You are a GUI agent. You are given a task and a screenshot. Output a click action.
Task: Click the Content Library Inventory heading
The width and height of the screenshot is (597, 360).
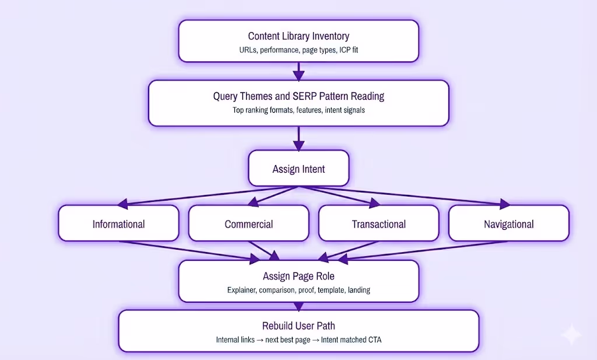[x=298, y=36]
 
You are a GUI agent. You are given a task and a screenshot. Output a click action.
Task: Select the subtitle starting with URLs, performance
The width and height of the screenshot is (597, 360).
[x=298, y=50]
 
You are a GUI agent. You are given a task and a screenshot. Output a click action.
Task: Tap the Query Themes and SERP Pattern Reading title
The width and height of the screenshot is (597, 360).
[x=298, y=96]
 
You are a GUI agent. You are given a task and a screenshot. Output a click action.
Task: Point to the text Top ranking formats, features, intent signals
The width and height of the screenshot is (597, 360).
[x=298, y=110]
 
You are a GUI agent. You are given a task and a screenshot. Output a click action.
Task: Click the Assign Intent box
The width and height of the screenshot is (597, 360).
[x=298, y=169]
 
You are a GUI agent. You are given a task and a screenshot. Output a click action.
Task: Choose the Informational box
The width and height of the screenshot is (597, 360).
[x=118, y=224]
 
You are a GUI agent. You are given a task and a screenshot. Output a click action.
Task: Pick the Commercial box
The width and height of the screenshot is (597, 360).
[x=248, y=224]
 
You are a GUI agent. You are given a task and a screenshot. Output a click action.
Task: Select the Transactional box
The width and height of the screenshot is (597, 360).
[x=378, y=224]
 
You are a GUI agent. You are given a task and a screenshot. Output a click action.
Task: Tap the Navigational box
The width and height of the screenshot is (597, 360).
[x=508, y=224]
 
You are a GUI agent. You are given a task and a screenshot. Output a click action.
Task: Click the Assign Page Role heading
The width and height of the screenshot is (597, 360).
[x=298, y=276]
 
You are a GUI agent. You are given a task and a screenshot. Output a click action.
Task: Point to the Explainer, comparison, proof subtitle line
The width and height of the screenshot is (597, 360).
[x=298, y=290]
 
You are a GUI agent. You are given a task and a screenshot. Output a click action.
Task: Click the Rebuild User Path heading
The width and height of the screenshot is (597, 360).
[x=298, y=326]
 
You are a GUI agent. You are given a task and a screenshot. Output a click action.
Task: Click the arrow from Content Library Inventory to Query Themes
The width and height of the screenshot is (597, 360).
[x=298, y=71]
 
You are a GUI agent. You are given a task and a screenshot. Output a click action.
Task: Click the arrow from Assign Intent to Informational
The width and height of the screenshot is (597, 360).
[x=204, y=196]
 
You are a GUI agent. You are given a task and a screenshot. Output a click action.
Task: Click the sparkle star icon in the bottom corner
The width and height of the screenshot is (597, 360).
[x=570, y=335]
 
